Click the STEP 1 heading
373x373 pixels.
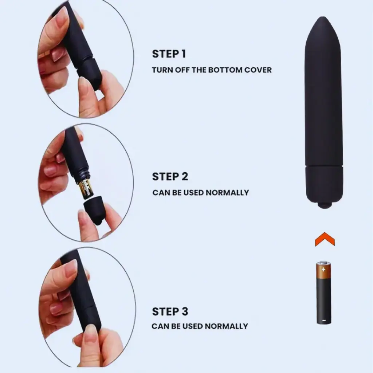(x=169, y=54)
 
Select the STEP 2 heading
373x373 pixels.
(x=170, y=177)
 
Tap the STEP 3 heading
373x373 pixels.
(x=170, y=311)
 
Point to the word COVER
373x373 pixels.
(x=258, y=70)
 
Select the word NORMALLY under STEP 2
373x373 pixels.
(x=227, y=192)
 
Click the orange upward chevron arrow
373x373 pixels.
(x=325, y=241)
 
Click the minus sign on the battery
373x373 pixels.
(x=323, y=321)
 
